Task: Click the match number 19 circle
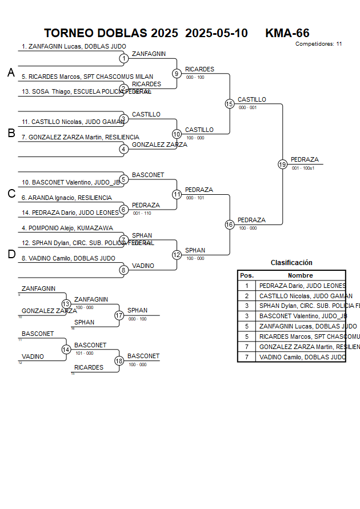pos(282,164)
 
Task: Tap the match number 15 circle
pos(229,103)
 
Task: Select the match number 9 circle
pos(177,73)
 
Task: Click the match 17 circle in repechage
pos(119,315)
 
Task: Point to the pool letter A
pos(11,73)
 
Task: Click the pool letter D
pos(11,255)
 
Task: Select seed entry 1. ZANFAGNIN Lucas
pos(74,46)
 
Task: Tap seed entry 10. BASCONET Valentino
pos(71,183)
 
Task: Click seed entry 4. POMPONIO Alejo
pos(67,228)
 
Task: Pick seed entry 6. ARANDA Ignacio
pos(66,198)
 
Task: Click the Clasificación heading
pos(291,263)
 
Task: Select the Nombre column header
pos(300,275)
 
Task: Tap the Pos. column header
pos(247,275)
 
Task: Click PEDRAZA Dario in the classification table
pos(302,286)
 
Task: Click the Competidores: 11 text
pos(318,43)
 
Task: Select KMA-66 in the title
pos(287,33)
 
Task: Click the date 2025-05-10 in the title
pos(217,33)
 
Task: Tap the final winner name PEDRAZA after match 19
pos(305,159)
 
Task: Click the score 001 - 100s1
pos(303,168)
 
